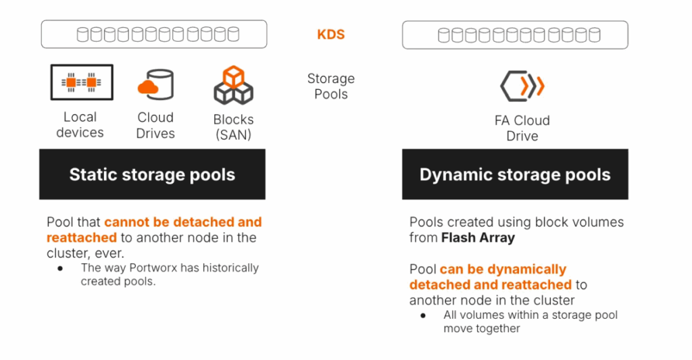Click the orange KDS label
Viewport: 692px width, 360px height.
pos(330,34)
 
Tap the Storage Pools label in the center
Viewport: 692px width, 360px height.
pos(330,86)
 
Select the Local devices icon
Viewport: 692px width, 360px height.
pos(82,82)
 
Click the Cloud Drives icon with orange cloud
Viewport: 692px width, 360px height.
pos(155,84)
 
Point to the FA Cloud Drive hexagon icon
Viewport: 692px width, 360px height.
pos(522,86)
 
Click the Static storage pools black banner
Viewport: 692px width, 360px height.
pos(152,175)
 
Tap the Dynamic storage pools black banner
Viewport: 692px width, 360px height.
pos(515,175)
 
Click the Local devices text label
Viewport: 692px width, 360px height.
pos(80,125)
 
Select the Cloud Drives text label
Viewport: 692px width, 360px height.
pos(155,125)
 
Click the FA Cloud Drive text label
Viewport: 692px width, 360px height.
pos(522,128)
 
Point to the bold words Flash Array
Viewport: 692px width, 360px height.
pos(478,237)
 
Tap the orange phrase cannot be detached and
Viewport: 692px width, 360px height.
pos(182,222)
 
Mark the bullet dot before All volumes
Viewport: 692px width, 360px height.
pos(423,315)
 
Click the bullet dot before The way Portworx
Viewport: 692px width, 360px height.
pos(60,268)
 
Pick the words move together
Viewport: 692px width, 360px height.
pos(482,328)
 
